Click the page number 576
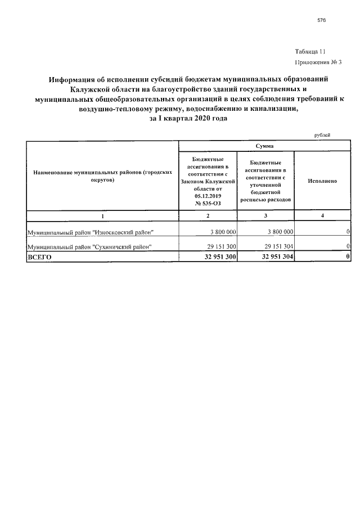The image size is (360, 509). pos(322,20)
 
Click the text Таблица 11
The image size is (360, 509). pos(310,51)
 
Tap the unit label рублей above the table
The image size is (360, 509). pos(322,135)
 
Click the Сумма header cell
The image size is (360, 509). pos(264,146)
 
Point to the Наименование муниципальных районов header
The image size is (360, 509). pos(102,177)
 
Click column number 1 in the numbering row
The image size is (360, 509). pos(102,216)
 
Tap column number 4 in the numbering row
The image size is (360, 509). pos(322,216)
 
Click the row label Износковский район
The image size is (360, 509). pos(90,232)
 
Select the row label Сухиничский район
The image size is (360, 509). pos(90,247)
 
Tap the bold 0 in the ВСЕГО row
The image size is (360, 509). pos(349,256)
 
